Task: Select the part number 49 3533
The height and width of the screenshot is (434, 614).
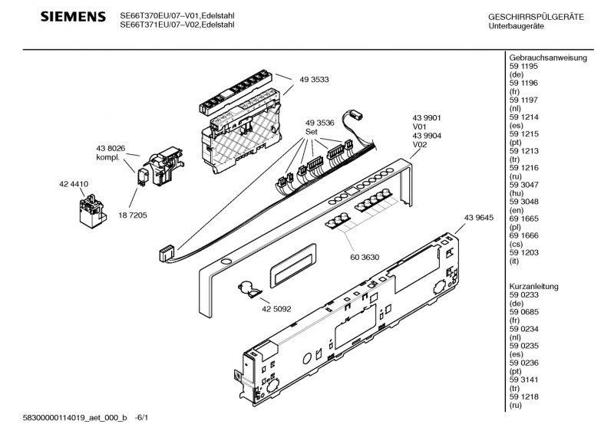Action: tap(315, 80)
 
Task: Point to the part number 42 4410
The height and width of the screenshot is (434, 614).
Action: tap(73, 184)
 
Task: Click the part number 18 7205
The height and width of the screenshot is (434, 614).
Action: tap(132, 215)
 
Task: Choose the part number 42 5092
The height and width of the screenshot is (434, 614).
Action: tap(276, 310)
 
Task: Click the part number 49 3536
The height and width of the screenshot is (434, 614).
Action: tap(319, 123)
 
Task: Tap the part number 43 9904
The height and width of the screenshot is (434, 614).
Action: tap(425, 135)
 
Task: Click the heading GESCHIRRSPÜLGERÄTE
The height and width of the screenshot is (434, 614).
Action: tap(536, 17)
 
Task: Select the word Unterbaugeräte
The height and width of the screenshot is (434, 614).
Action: tap(517, 26)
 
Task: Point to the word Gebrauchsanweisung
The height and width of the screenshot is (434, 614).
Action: tap(548, 58)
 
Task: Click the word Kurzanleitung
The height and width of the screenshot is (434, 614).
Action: tap(534, 286)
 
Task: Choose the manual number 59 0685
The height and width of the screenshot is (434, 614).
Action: tap(523, 311)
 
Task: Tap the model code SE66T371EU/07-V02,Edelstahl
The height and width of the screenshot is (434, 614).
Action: tap(177, 25)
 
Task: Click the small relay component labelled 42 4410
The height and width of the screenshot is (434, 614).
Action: tap(92, 209)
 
